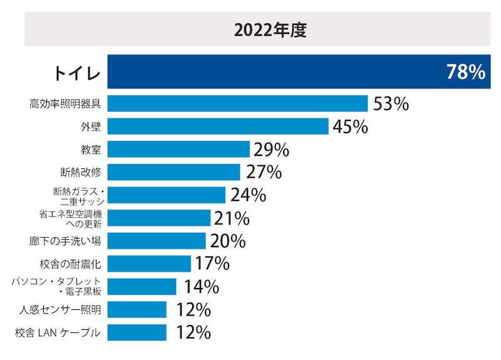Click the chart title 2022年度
[262, 30]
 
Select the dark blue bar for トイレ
[276, 72]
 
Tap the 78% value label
[465, 73]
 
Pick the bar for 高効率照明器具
[237, 103]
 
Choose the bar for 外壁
[218, 126]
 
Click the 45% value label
[350, 126]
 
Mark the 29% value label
[271, 150]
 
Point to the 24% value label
[248, 195]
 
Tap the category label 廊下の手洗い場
[66, 241]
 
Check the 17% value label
[213, 264]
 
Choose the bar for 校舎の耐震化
[149, 264]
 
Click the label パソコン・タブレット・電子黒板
[56, 287]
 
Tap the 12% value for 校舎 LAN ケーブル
[194, 332]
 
